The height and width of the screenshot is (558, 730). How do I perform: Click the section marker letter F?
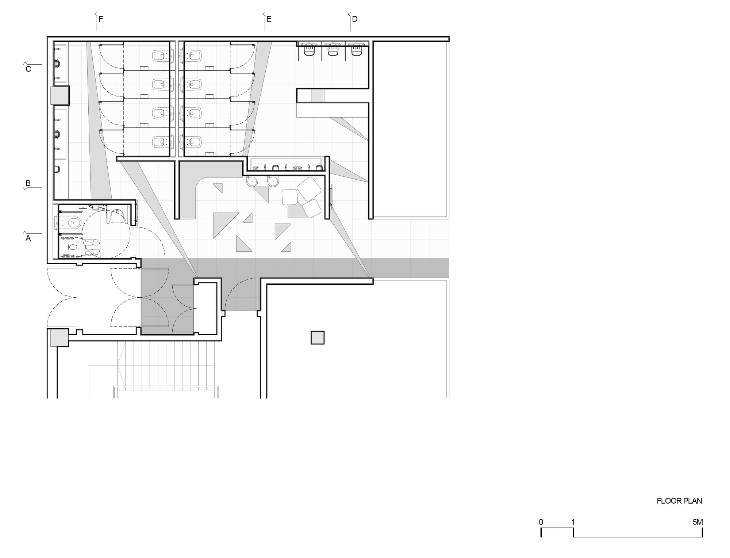[101, 19]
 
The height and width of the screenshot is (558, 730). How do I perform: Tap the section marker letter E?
[269, 19]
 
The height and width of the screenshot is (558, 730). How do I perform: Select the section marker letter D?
[354, 19]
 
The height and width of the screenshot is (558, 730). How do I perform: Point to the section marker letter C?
[28, 69]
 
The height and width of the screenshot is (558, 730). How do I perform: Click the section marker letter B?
[28, 183]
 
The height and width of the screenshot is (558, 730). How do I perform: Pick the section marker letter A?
[28, 238]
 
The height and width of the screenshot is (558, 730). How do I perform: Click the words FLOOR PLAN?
[679, 501]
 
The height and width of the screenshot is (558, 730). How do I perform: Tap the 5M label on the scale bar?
[698, 522]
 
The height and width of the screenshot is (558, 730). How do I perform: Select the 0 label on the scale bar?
[541, 522]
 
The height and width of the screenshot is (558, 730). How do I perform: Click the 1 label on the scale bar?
[573, 522]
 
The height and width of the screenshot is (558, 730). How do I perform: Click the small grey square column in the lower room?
[318, 337]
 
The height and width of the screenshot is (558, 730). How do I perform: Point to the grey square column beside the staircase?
[59, 338]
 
